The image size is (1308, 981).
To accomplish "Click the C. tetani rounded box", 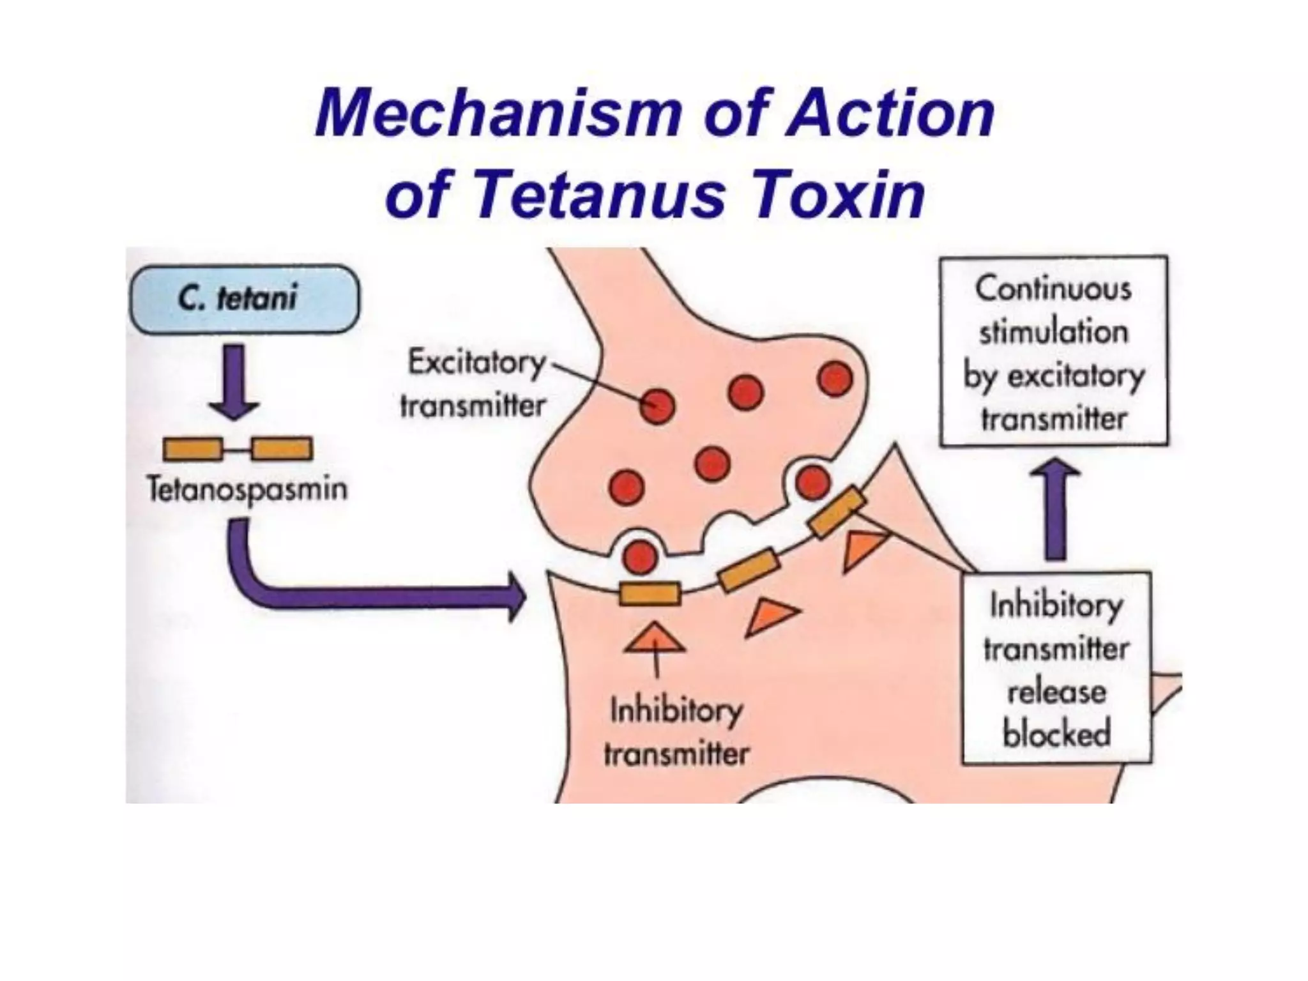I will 244,299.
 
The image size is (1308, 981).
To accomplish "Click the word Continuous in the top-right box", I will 1053,289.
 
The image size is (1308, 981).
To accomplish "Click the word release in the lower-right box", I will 1056,692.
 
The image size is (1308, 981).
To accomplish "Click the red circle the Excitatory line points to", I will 657,406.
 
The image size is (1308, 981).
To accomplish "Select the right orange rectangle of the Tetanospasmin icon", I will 282,449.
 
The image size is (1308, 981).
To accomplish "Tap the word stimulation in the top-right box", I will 1054,333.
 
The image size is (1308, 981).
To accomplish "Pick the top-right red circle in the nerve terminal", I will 835,379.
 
